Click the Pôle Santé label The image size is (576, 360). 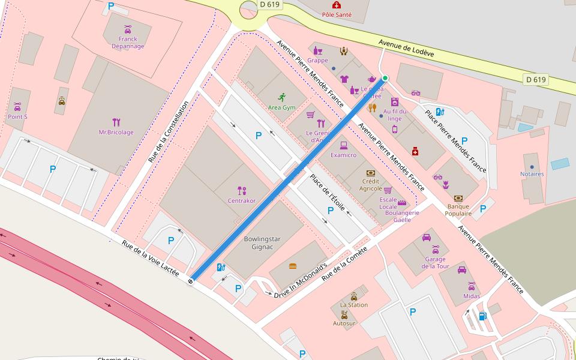pos(337,14)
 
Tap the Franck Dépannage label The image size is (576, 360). pos(128,43)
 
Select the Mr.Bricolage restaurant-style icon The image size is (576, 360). pos(116,122)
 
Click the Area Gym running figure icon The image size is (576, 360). pos(282,97)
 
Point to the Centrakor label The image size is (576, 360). pos(242,200)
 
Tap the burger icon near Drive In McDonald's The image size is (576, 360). pos(293,266)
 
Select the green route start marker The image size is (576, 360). pos(385,78)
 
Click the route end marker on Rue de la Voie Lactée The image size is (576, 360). pos(191,280)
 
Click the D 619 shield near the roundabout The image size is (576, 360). pos(271,4)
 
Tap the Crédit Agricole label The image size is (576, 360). pos(371,185)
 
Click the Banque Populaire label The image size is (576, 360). pos(458,210)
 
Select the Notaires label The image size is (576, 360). pos(532,174)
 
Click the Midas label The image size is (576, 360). pos(472,296)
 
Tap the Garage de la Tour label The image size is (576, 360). pos(435,262)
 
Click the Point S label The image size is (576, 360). pos(17,116)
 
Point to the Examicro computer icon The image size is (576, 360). pos(344,145)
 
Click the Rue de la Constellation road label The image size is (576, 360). pos(169,131)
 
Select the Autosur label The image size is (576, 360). pos(344,323)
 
